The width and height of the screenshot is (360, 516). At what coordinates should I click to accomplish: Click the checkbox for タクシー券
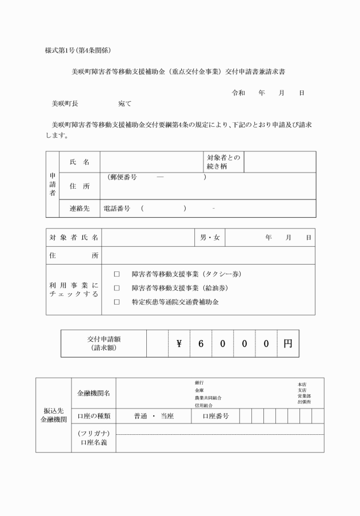point(117,274)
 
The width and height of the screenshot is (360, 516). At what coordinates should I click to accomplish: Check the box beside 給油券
point(117,288)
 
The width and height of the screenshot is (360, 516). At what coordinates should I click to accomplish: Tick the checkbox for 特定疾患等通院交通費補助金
point(117,302)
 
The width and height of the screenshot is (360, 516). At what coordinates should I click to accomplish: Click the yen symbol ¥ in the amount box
point(179,343)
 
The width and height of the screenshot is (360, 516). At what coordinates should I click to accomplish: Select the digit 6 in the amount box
point(201,343)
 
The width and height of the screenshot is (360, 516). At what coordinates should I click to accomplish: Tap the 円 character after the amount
point(287,343)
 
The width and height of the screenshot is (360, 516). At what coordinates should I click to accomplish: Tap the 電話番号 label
point(117,209)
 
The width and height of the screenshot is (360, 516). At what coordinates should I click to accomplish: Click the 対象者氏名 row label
point(74,237)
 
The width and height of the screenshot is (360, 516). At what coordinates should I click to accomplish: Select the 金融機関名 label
point(94,393)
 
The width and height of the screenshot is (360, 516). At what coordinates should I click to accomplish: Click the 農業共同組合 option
point(208,398)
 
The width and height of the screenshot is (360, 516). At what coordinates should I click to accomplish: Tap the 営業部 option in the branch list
point(303,395)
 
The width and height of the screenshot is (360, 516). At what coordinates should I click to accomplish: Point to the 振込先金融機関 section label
point(53,415)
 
